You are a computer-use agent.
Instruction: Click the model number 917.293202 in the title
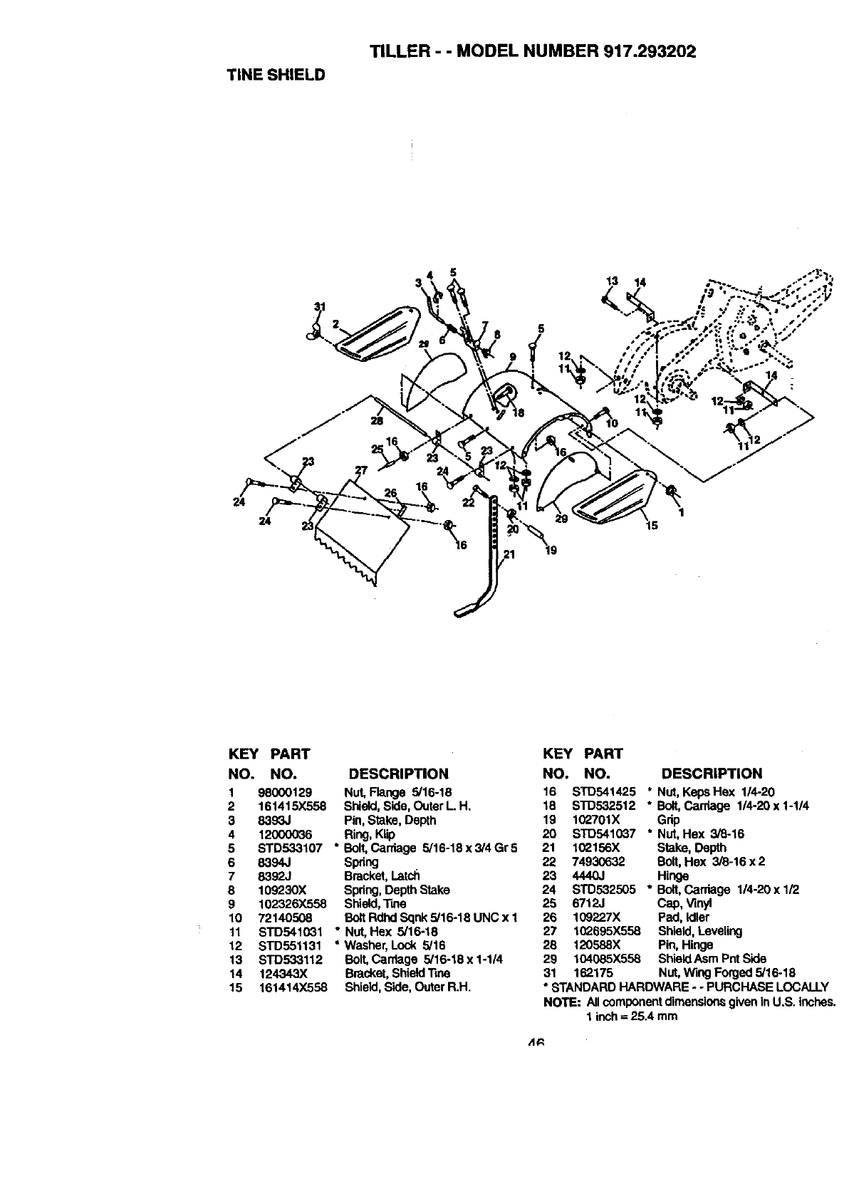pos(649,52)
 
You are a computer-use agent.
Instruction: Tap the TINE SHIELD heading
pos(276,75)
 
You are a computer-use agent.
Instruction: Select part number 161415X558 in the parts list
pos(291,806)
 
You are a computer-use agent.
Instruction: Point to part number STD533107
pos(290,848)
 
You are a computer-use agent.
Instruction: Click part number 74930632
pos(598,861)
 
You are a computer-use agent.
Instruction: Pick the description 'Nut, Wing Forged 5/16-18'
pos(726,973)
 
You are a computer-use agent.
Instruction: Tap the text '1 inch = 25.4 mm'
pos(631,1016)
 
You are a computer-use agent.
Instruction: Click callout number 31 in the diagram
pos(320,307)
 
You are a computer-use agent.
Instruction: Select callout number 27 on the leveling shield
pos(360,470)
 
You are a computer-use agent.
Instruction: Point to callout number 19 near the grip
pos(551,549)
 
